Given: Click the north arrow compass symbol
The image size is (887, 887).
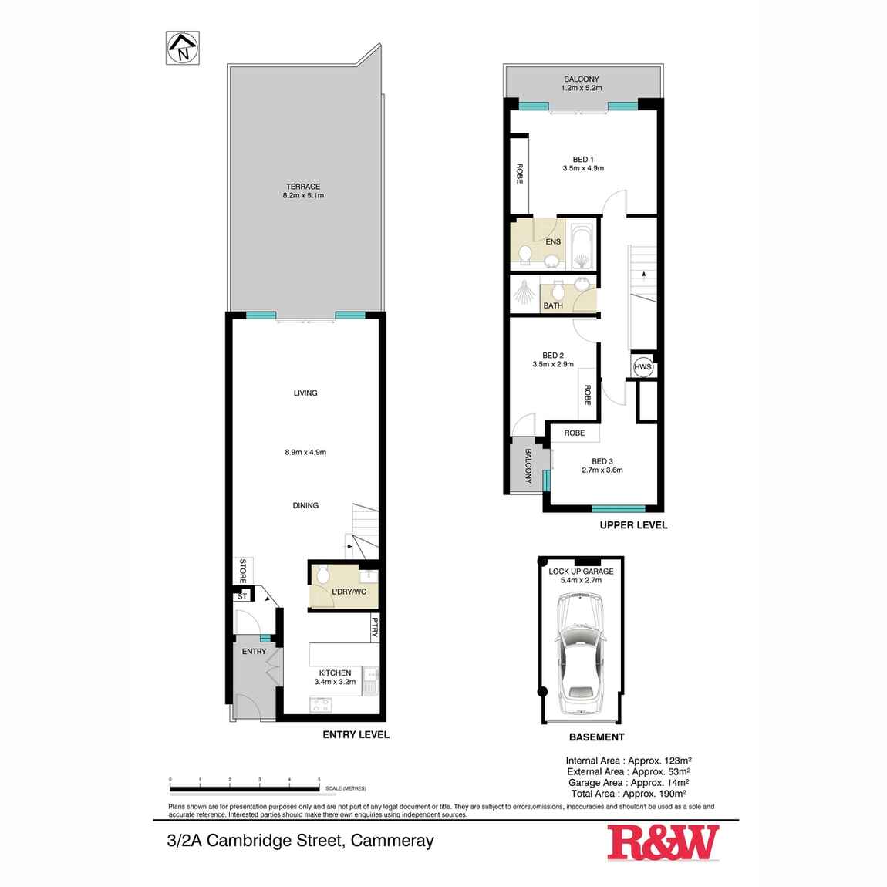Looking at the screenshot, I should tap(183, 47).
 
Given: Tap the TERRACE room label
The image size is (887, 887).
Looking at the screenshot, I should tap(303, 187).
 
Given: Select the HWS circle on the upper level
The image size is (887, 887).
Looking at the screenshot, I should tap(642, 368).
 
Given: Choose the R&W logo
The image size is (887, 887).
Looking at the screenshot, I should tap(663, 842).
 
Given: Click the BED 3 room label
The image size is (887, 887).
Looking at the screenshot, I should tap(602, 461).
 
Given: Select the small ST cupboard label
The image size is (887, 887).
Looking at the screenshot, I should tap(241, 596).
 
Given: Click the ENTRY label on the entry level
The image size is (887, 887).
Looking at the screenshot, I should tap(254, 652).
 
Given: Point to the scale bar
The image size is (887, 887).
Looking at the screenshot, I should tap(245, 788).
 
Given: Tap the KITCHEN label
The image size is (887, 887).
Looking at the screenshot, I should tap(332, 673).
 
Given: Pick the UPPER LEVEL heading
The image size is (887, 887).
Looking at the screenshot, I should tap(633, 525).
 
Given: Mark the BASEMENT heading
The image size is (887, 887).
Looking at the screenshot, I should tap(596, 737).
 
